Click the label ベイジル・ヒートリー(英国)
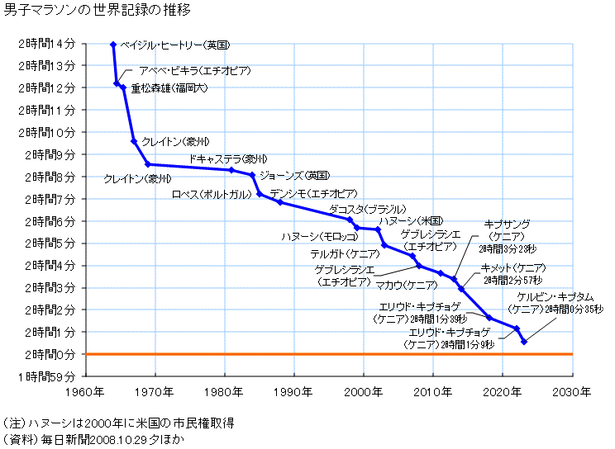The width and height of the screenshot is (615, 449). pos(174,44)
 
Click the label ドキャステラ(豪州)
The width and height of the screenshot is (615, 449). pos(228,158)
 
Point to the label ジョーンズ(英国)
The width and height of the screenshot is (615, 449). pos(294,176)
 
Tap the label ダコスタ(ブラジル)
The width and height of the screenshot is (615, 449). pos(368,210)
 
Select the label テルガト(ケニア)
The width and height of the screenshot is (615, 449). pos(345,253)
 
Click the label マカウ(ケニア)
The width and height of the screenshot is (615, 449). pos(406,285)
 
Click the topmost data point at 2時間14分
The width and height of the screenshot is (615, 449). pos(113,44)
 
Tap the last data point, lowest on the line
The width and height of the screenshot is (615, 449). pos(524,342)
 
